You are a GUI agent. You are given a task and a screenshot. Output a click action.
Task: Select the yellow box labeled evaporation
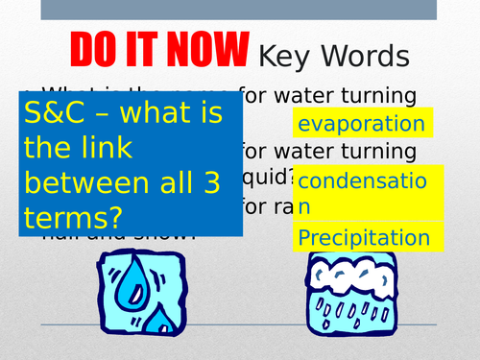pos(362,123)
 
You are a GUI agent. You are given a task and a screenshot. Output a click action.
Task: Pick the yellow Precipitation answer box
pos(362,237)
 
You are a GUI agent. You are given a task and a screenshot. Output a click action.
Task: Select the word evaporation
pos(361,124)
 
